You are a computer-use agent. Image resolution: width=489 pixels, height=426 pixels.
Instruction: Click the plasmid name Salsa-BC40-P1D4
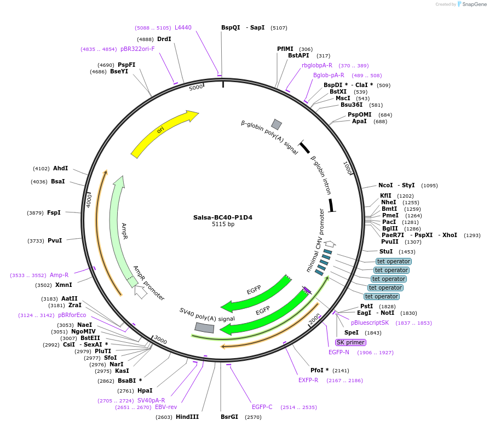click(222, 217)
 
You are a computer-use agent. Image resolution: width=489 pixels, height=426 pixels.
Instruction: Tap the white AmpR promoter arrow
click(140, 291)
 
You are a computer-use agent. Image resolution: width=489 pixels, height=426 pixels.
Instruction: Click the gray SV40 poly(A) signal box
click(204, 327)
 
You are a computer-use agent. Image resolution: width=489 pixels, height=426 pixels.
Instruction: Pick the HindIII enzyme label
click(187, 417)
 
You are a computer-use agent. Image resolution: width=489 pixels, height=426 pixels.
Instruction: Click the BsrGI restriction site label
click(229, 417)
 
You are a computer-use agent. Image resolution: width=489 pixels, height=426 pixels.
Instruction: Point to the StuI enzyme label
click(386, 251)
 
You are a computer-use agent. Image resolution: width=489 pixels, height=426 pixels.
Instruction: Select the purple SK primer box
click(350, 342)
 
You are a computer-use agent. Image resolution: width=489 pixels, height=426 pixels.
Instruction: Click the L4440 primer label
click(183, 27)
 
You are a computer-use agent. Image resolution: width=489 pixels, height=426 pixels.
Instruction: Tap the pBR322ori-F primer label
click(137, 49)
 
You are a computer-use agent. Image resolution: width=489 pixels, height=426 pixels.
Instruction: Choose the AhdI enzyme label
click(60, 169)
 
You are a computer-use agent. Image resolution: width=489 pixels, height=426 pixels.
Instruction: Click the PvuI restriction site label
click(55, 240)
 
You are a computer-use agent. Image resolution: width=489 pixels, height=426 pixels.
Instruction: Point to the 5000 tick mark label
click(195, 88)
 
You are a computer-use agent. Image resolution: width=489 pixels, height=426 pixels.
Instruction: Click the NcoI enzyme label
click(386, 185)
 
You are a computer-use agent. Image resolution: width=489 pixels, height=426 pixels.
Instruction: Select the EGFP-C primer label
click(262, 407)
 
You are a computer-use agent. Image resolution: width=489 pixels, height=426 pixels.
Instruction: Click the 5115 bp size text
click(222, 224)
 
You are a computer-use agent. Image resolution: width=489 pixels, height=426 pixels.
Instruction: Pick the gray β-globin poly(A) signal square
click(277, 124)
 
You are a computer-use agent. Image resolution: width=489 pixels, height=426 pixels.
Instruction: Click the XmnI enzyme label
click(64, 285)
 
